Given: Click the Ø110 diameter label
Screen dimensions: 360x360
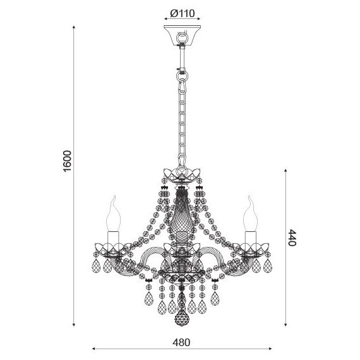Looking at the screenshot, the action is (x=183, y=13).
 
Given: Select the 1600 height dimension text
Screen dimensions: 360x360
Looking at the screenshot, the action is (x=68, y=161).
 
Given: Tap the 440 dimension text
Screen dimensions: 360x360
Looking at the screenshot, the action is (x=292, y=237).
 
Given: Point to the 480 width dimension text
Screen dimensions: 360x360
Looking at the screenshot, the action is (x=181, y=342).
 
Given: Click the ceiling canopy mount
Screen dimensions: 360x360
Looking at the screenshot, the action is (x=182, y=36).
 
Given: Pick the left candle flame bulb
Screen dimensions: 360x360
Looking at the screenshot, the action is (x=114, y=213).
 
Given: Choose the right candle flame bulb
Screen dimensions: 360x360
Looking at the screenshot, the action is (x=250, y=213).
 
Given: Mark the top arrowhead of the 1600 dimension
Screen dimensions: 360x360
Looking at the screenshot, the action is (x=74, y=27).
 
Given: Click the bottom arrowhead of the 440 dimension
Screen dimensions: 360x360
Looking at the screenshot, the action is (x=285, y=325).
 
